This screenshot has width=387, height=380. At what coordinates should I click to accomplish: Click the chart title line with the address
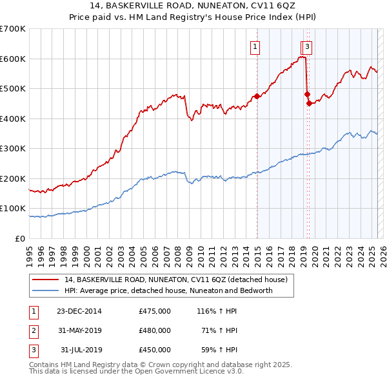point(193,6)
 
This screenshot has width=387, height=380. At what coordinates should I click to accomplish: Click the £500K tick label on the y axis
point(13,88)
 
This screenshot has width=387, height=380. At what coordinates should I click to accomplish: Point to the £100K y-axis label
point(13,208)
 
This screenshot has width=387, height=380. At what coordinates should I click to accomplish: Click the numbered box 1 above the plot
point(255,46)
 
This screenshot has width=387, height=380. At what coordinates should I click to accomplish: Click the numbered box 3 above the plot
point(308,46)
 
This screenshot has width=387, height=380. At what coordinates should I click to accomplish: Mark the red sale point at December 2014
point(257,96)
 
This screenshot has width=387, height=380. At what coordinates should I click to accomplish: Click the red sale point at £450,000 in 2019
point(309,103)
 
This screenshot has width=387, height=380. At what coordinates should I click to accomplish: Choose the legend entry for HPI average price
point(168,290)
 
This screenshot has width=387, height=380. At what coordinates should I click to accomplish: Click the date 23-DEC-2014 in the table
point(79,311)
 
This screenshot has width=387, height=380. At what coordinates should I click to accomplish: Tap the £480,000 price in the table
point(154,330)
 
